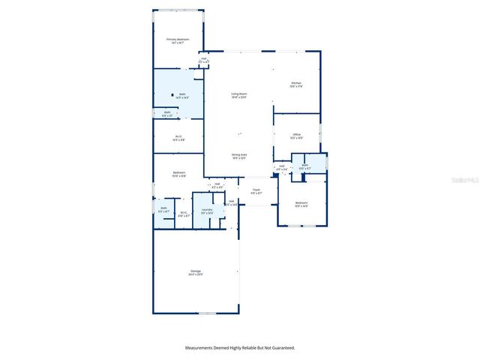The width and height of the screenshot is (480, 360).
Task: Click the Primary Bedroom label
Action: tap(178, 40)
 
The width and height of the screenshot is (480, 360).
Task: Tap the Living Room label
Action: tap(239, 95)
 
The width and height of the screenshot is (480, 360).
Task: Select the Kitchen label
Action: tap(296, 84)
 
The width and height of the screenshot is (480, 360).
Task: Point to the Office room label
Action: tap(297, 136)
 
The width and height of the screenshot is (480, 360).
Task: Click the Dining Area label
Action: tap(239, 155)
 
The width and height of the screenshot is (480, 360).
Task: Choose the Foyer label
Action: tap(256, 191)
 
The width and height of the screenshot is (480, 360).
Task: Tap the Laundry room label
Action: tap(207, 211)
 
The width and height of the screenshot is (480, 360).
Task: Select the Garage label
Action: tap(196, 272)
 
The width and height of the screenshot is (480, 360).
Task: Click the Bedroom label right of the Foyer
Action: tap(301, 204)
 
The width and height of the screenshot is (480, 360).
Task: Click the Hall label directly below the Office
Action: tap(281, 168)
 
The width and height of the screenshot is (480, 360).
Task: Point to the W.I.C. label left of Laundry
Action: tap(183, 214)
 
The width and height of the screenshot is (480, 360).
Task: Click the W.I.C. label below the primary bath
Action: tap(178, 137)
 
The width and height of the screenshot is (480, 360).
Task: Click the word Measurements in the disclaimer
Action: tap(202, 348)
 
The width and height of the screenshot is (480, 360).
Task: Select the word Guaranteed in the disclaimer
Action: tap(280, 348)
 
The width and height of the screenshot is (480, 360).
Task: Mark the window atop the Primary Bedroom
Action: tap(178, 10)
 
